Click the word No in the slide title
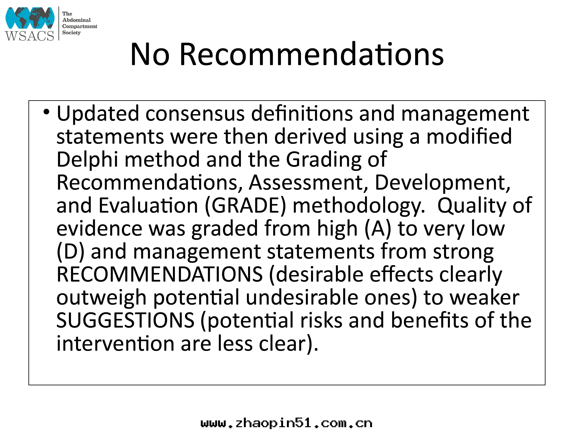[150, 54]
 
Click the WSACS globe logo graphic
[30, 18]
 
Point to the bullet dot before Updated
[46, 112]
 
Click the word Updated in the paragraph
[98, 114]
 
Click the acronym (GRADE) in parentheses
[245, 206]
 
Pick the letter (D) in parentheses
[71, 252]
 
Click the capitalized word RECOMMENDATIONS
[160, 274]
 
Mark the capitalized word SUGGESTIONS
[125, 320]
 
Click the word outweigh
[101, 297]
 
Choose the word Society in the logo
[71, 33]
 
